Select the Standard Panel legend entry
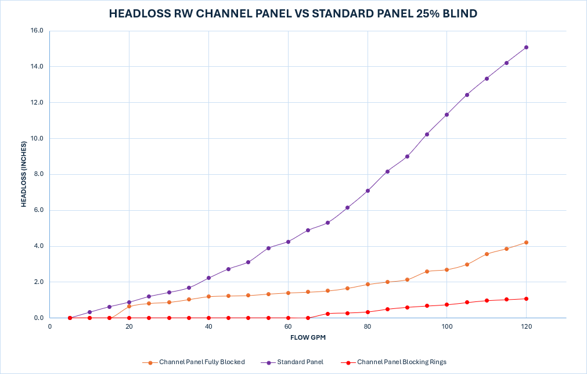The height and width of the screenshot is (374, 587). [x=300, y=362]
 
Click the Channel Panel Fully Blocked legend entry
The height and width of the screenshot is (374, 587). [x=202, y=362]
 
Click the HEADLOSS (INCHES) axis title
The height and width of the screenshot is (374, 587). [x=24, y=174]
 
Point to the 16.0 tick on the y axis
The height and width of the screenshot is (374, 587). [x=37, y=31]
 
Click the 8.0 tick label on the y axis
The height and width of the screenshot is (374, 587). [x=38, y=174]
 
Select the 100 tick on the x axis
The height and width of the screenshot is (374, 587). [x=446, y=327]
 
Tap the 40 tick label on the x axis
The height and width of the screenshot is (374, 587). [x=208, y=327]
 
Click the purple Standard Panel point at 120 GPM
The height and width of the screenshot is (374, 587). [x=526, y=47]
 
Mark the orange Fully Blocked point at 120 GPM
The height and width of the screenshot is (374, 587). [x=526, y=242]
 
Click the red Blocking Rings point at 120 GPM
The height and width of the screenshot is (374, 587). [x=526, y=299]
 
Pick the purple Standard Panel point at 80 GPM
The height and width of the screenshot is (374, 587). [x=368, y=190]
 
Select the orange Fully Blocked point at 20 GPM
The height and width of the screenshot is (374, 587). [x=129, y=306]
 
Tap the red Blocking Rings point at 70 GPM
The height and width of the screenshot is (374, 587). [x=327, y=314]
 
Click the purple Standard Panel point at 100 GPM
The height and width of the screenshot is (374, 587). [x=446, y=114]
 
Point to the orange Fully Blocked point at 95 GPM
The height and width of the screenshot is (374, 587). [x=427, y=271]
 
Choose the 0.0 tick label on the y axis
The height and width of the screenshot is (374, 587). [x=38, y=318]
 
